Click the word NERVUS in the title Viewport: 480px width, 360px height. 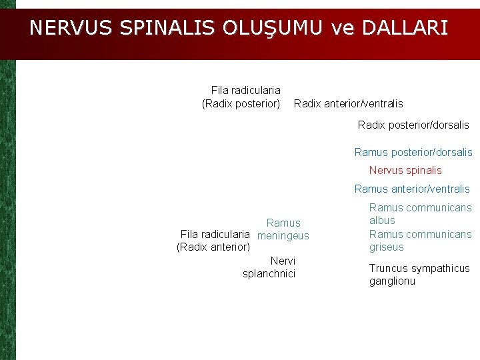pos(72,28)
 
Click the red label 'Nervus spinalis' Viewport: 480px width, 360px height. pos(405,170)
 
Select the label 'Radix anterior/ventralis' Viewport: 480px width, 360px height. pos(348,103)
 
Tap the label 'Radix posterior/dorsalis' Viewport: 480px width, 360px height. pos(413,125)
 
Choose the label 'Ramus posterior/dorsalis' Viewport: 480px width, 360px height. pos(413,152)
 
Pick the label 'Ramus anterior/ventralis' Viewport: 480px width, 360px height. pos(412,189)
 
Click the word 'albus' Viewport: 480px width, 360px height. pos(382,220)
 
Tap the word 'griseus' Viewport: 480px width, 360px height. pos(387,247)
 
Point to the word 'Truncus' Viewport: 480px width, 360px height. pos(387,268)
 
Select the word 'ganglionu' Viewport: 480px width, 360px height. pos(392,281)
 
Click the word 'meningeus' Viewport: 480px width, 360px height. pos(283,235)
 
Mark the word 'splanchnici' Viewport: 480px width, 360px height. pos(269,273)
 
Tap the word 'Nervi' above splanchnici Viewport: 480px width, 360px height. pos(283,261)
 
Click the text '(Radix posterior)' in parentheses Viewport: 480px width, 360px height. pos(241,103)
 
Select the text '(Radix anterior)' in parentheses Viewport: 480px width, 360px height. pos(213,247)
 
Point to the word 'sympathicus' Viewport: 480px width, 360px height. pos(439,268)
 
